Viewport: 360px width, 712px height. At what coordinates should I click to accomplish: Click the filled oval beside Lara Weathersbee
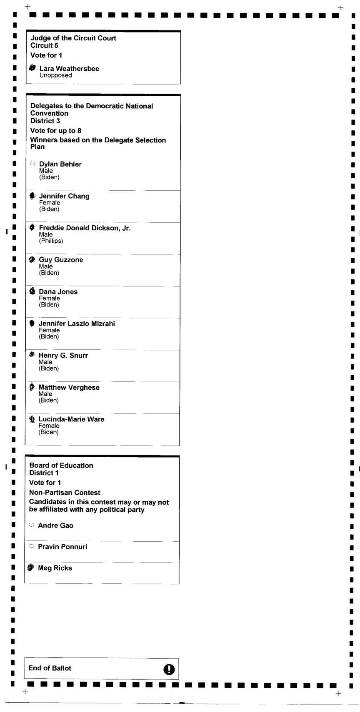32,68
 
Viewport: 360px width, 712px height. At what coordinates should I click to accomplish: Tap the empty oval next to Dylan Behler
32,164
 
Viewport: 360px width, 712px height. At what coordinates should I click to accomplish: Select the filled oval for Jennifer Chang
32,196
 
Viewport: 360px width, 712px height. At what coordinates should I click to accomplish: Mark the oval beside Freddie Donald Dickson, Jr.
32,227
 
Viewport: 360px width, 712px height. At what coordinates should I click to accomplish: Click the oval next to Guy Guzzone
32,259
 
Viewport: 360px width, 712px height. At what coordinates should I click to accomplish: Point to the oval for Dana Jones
32,291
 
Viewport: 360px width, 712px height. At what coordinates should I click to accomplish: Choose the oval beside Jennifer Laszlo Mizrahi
32,323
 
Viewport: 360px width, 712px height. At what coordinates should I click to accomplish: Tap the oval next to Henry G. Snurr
32,355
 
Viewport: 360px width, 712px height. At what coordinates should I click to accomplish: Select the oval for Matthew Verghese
32,387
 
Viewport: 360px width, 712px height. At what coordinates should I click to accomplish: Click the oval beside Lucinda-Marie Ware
32,419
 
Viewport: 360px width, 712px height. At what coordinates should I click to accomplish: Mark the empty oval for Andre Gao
31,525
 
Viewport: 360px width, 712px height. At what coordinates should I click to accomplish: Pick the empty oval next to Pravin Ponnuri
31,546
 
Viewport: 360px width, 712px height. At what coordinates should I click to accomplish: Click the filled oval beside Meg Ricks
31,568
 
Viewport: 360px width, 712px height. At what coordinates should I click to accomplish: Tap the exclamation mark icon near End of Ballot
169,669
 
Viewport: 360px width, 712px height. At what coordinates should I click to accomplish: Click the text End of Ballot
50,668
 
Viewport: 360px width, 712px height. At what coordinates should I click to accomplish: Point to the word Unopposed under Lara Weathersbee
55,75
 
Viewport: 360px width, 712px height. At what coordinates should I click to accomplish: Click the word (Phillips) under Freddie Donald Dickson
51,241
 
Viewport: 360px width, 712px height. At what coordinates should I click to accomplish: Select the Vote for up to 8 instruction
55,131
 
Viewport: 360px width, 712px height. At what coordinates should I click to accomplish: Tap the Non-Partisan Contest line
65,493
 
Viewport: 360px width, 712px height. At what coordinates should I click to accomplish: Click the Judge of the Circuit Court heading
73,38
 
